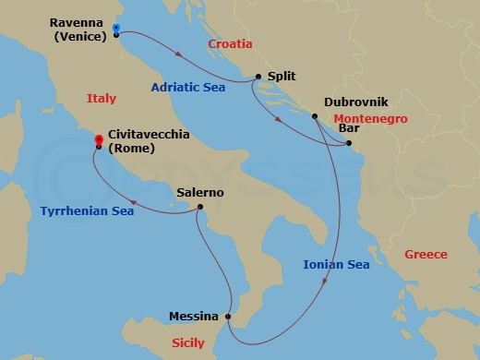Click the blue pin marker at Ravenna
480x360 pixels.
point(115,28)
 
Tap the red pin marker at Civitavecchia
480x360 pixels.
point(98,139)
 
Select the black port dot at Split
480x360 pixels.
point(257,78)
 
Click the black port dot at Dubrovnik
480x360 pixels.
point(314,116)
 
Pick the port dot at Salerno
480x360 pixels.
point(199,208)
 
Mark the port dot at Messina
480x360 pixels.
point(228,317)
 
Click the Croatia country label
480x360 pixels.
point(230,43)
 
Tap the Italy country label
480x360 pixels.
point(101,98)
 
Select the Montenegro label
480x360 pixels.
point(369,118)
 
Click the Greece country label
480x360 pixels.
point(426,254)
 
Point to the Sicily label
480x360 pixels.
point(189,343)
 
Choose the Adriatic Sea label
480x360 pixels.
point(189,88)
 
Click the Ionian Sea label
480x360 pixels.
point(336,265)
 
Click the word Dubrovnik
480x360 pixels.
point(354,103)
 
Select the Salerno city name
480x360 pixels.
point(200,193)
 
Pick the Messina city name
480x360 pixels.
point(194,316)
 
